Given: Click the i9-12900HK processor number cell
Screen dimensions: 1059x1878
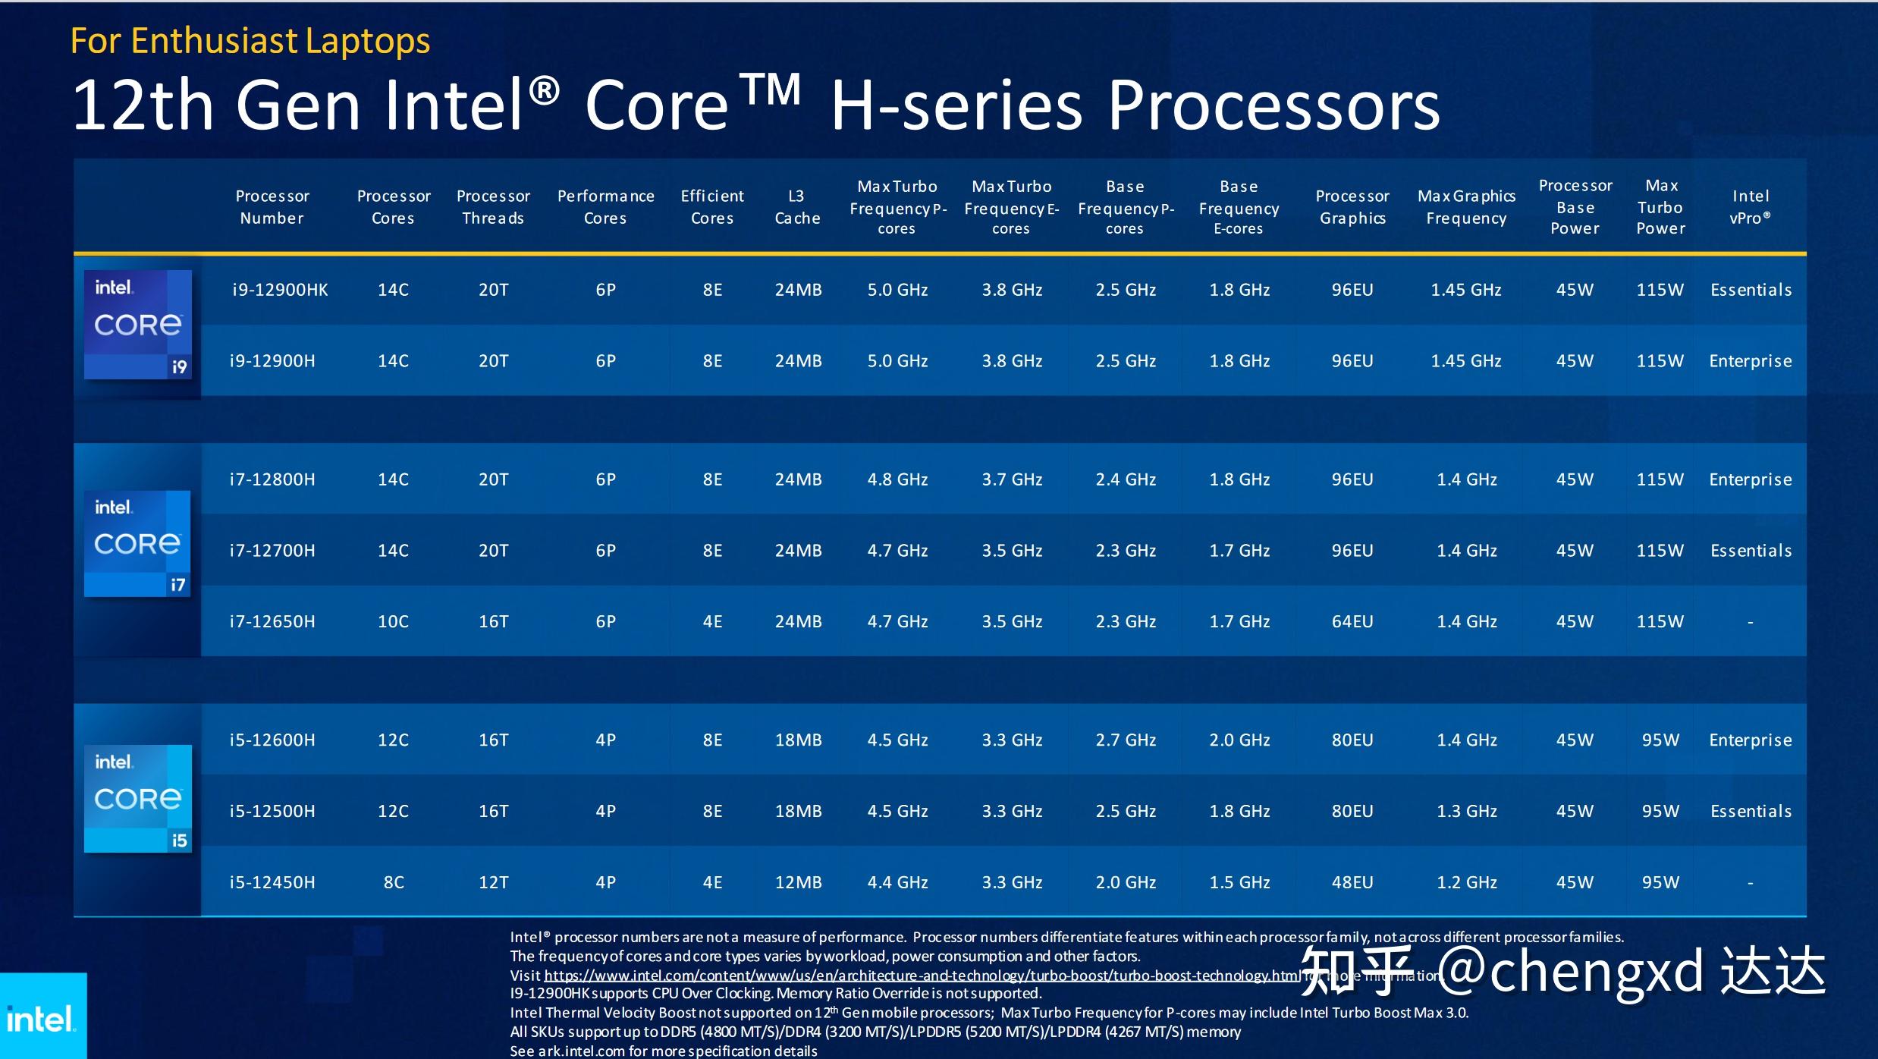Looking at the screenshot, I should point(280,290).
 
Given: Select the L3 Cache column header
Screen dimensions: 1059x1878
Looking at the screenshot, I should point(797,207).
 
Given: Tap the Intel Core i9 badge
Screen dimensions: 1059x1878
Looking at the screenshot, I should point(138,325).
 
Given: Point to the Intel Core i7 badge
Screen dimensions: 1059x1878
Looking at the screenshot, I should point(137,543).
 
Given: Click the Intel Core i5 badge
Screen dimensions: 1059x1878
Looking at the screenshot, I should point(138,798).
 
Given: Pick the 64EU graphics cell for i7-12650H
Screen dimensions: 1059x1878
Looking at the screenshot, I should point(1352,622).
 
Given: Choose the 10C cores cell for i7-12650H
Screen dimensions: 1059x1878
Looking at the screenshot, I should point(393,622).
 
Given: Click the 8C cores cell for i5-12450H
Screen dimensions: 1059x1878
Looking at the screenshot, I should point(393,882).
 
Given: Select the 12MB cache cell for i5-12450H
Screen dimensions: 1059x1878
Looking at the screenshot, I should point(798,882).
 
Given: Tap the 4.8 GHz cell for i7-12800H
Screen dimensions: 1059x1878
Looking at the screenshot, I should point(897,479).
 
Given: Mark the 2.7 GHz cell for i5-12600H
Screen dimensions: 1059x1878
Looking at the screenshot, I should point(1125,740).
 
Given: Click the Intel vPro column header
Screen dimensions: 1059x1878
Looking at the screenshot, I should point(1750,207).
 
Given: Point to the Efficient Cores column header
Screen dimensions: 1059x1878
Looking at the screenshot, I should point(712,207).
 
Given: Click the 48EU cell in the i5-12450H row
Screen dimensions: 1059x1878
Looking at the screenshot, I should point(1352,882).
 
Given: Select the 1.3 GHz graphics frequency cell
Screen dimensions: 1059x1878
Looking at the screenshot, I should point(1466,811).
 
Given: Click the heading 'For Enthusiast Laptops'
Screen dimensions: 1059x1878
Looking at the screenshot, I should point(250,41).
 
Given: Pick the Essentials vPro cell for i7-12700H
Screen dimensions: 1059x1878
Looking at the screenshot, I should point(1751,551).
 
